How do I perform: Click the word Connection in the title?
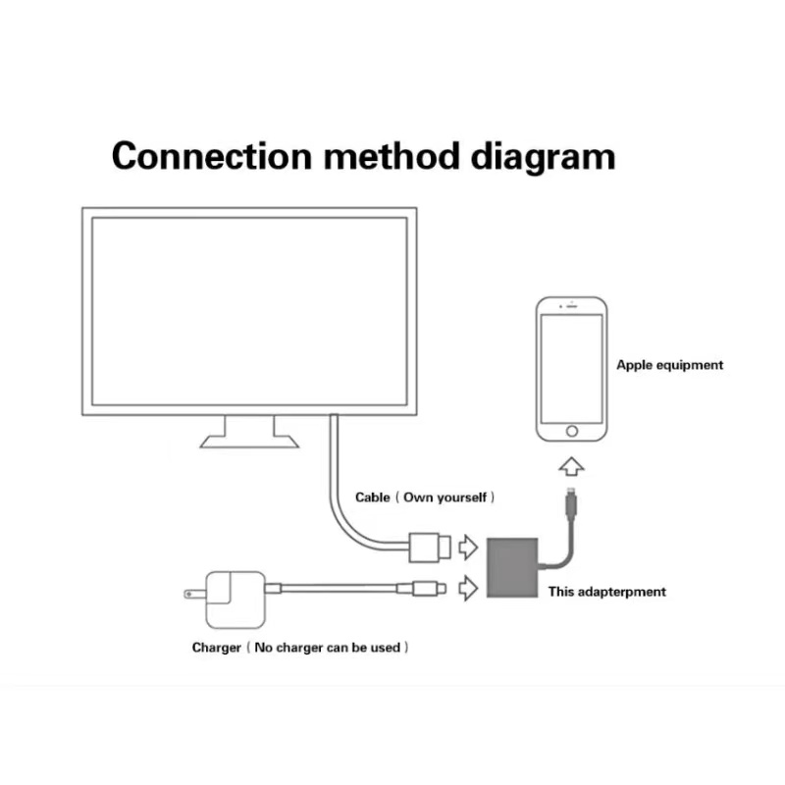(x=212, y=156)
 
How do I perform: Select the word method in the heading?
(x=392, y=156)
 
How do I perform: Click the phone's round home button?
(x=572, y=431)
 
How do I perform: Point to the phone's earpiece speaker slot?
(x=572, y=306)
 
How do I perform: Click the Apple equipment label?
(x=669, y=365)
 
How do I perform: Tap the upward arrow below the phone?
(x=571, y=466)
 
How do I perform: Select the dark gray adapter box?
(x=512, y=567)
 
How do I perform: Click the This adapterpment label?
(x=606, y=592)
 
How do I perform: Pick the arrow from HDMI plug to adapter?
(x=469, y=547)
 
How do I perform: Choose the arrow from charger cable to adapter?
(x=469, y=588)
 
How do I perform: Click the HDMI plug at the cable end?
(x=430, y=548)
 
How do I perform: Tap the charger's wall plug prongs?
(x=194, y=594)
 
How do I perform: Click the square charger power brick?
(x=235, y=600)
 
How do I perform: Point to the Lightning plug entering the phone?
(x=571, y=502)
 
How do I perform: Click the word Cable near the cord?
(x=373, y=497)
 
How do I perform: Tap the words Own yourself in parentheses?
(x=445, y=497)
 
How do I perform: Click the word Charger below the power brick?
(x=216, y=648)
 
